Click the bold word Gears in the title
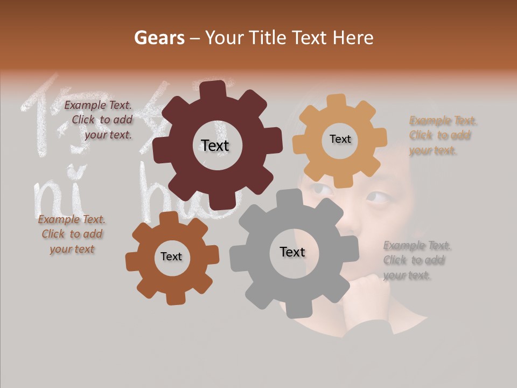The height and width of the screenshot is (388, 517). pos(158,38)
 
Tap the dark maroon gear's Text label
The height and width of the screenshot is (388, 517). pos(215,145)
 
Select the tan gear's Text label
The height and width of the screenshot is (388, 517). pos(340,139)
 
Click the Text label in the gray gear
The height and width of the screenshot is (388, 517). pos(292,252)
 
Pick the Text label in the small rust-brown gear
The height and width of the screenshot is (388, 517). pos(171,257)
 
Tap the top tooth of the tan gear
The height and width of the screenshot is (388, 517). pos(336,101)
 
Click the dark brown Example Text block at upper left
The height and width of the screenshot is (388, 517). pos(99,120)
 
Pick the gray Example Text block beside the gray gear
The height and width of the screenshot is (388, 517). pos(416,260)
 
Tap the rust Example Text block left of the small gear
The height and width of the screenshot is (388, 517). pos(72,234)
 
